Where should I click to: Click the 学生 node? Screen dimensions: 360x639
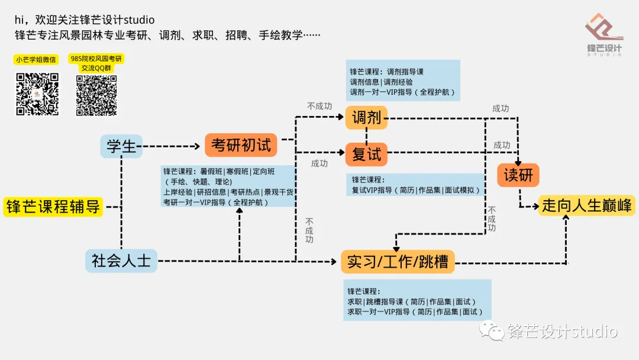click(121, 146)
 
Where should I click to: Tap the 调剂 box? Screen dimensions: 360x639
click(366, 118)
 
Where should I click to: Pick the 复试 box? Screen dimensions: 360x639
click(366, 155)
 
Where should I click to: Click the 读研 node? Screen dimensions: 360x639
click(518, 175)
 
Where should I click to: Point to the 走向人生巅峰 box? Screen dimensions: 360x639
click(586, 205)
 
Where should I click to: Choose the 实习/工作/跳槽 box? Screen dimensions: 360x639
click(398, 261)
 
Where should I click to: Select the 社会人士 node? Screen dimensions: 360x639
click(121, 261)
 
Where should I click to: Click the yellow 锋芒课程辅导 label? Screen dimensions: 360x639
click(53, 207)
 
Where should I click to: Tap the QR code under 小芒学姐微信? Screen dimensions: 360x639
click(37, 94)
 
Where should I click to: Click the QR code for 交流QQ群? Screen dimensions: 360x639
click(96, 95)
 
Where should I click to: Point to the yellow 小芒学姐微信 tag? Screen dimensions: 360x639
click(36, 59)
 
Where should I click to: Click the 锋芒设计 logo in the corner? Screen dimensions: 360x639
click(603, 36)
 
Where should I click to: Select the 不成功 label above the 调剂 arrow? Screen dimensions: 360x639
click(319, 106)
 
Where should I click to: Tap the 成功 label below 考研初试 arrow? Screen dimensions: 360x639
click(319, 163)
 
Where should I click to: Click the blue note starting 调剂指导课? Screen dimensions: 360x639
click(402, 82)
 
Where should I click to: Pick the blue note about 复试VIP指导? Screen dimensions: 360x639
click(417, 185)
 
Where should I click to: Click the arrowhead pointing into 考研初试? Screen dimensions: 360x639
click(199, 146)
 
